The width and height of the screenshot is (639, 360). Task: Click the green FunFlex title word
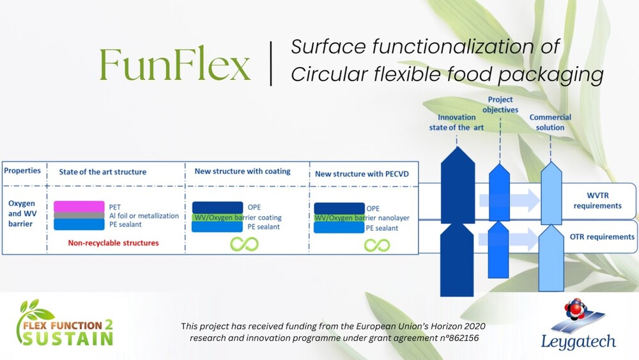[175, 65]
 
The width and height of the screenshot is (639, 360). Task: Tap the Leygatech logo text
[578, 341]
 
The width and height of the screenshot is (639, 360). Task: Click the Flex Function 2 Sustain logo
[65, 324]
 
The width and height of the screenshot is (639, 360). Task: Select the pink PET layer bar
[79, 207]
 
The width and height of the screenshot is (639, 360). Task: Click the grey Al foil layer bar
[79, 215]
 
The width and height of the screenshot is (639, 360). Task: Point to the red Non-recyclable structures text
[113, 243]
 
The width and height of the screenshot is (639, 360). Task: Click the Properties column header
[22, 171]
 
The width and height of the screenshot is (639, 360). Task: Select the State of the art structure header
[103, 171]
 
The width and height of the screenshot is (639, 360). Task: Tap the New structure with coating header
[242, 171]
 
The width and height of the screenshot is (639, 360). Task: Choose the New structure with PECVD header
[362, 174]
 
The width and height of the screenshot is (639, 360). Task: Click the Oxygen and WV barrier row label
[22, 213]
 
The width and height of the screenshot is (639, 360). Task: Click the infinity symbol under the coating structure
[244, 244]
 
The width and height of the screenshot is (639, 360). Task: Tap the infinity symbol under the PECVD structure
[377, 245]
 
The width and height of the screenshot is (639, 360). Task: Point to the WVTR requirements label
[597, 201]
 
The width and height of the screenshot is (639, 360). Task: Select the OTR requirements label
[602, 237]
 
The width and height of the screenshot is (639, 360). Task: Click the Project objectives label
[500, 104]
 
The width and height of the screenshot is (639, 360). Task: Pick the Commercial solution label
[550, 122]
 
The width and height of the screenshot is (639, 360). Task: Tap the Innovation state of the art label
[456, 122]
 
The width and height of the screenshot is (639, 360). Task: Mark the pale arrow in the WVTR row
[509, 200]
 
